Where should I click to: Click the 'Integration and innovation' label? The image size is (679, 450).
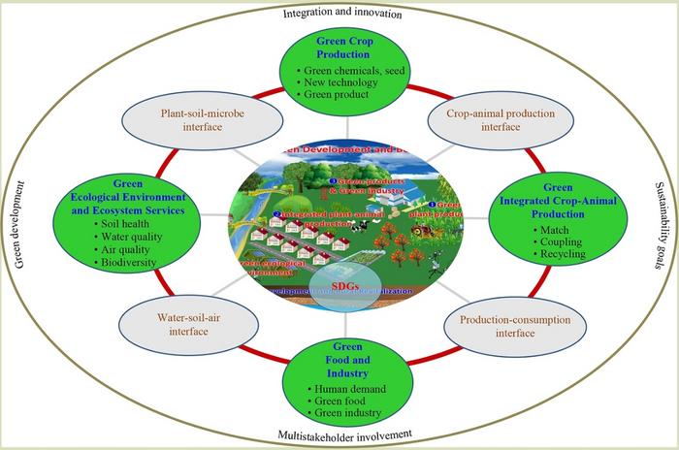click(340, 14)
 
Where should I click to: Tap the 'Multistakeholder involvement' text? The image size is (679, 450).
click(342, 434)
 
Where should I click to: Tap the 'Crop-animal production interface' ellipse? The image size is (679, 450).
click(489, 120)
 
